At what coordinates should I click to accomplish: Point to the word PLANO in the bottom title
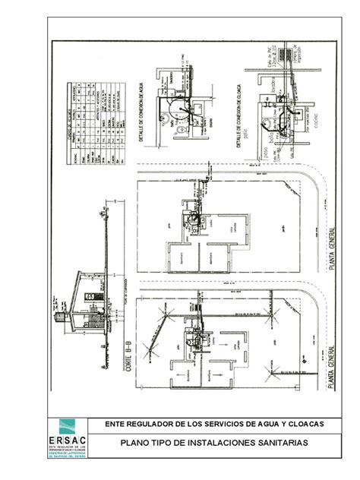136,442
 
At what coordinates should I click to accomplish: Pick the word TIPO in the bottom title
161,442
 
